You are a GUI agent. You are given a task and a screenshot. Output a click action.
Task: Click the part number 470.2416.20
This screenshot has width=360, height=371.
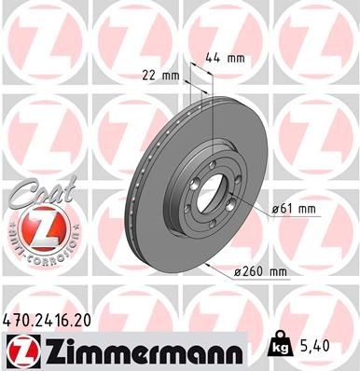coord(48,318)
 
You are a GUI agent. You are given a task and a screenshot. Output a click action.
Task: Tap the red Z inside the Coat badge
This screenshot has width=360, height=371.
coord(34,227)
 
